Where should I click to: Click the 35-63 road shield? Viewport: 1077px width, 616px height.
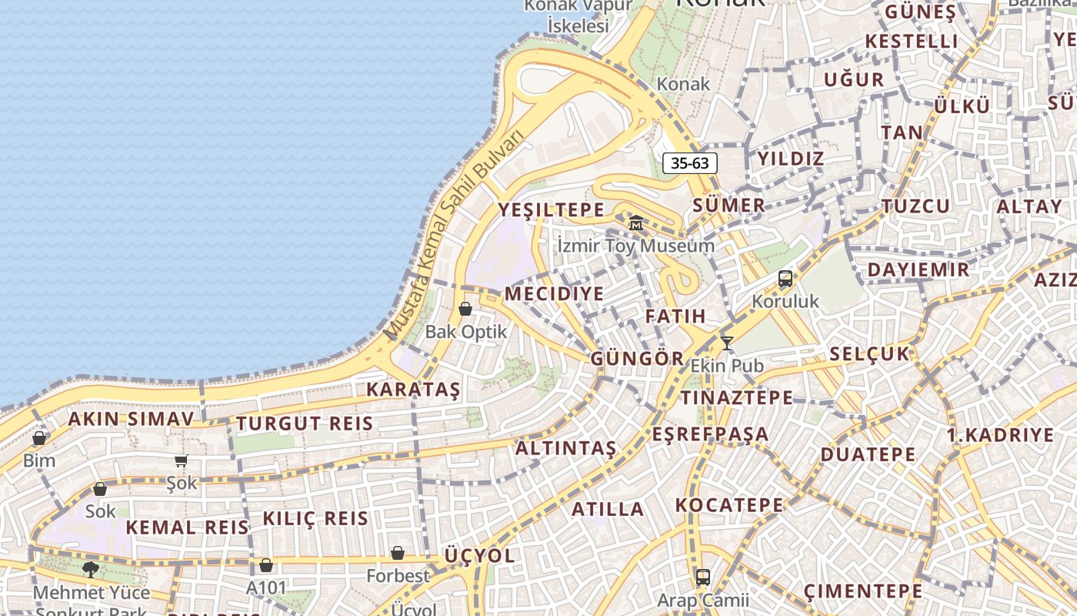point(689,163)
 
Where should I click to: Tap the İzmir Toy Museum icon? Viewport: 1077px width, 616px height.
point(636,223)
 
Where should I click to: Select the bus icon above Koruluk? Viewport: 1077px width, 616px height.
point(785,279)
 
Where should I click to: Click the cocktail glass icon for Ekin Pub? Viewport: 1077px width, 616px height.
point(726,343)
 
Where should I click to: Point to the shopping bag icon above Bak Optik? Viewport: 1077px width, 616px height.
point(465,309)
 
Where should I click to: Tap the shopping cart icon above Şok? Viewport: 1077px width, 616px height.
point(181,460)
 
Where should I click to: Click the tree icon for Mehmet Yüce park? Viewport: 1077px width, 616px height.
point(91,570)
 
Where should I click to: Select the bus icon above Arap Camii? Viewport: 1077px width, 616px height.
point(702,577)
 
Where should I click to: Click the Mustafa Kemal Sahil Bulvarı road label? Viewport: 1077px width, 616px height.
point(454,235)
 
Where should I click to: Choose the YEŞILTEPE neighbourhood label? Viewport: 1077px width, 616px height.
point(551,209)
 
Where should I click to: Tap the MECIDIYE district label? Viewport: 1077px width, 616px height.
point(554,294)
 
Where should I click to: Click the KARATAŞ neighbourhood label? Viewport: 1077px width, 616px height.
point(413,390)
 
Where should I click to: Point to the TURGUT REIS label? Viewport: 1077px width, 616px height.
point(305,423)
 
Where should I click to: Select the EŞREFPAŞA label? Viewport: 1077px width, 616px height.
point(710,434)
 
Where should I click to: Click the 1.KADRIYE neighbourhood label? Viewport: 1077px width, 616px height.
point(1000,435)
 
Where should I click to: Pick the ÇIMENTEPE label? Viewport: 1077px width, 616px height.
point(862,591)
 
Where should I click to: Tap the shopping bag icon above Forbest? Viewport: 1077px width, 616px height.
point(398,553)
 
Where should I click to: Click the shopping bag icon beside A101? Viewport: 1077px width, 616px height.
point(266,565)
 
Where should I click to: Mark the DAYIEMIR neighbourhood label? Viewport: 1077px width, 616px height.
point(919,270)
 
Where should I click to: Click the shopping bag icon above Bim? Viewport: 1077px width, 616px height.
point(39,438)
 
